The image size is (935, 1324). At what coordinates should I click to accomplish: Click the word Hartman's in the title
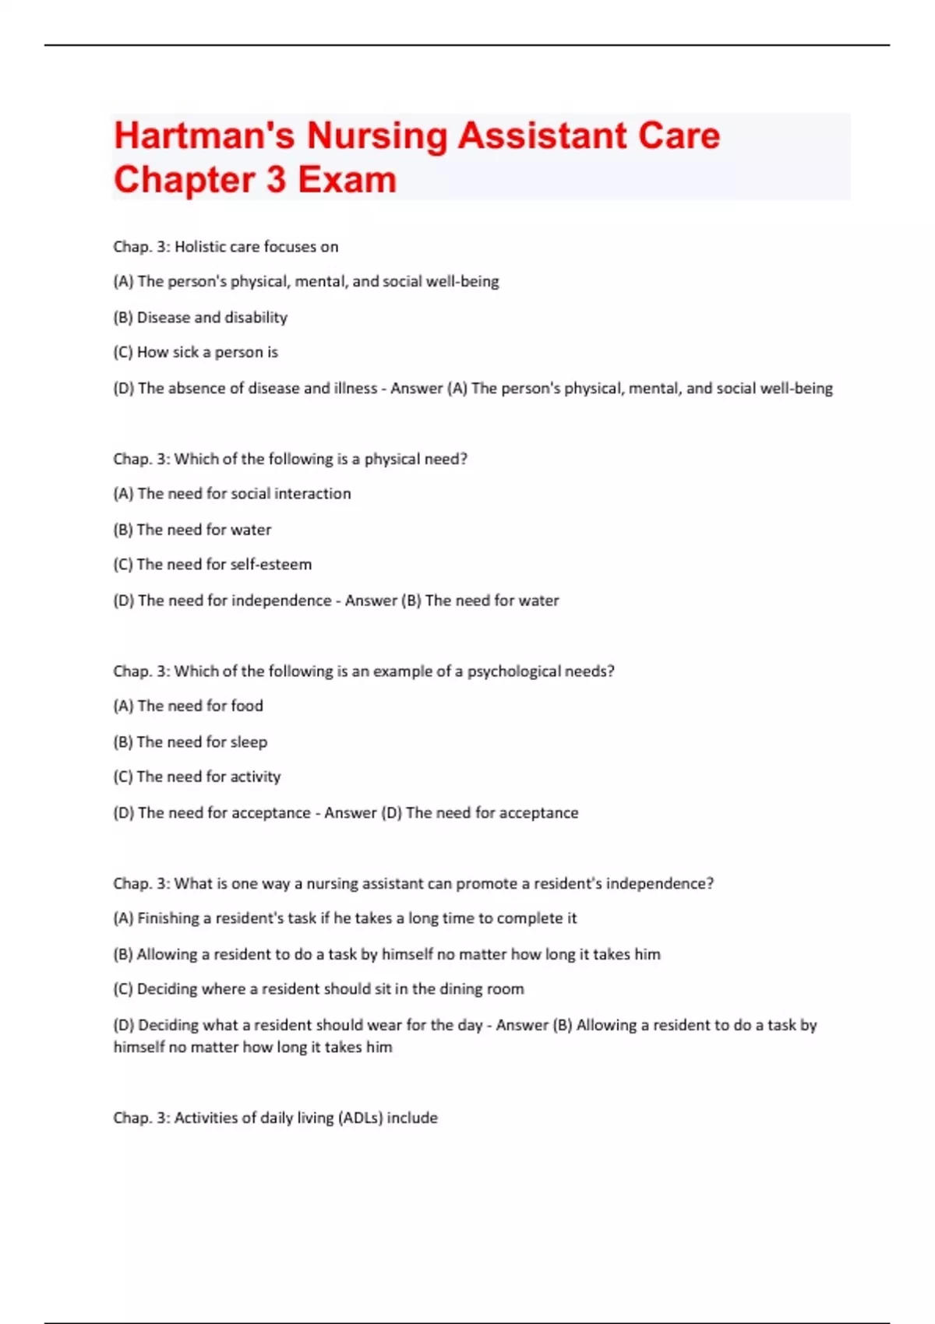(204, 136)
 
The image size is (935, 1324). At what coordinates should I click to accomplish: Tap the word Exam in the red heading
(347, 180)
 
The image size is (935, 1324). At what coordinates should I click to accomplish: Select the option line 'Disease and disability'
(200, 318)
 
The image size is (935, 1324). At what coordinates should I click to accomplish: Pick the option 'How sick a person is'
(196, 353)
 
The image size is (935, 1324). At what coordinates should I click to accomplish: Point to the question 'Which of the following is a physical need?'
(290, 460)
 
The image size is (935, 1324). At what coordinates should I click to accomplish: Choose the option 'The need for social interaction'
(232, 494)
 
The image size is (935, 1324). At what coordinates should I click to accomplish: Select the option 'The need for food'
(189, 706)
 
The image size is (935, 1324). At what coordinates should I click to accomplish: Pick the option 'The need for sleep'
(190, 742)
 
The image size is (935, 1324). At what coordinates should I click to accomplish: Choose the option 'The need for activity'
(197, 777)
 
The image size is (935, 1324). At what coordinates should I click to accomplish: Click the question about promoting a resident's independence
(413, 884)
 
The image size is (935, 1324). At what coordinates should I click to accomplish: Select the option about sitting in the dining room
(319, 990)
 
